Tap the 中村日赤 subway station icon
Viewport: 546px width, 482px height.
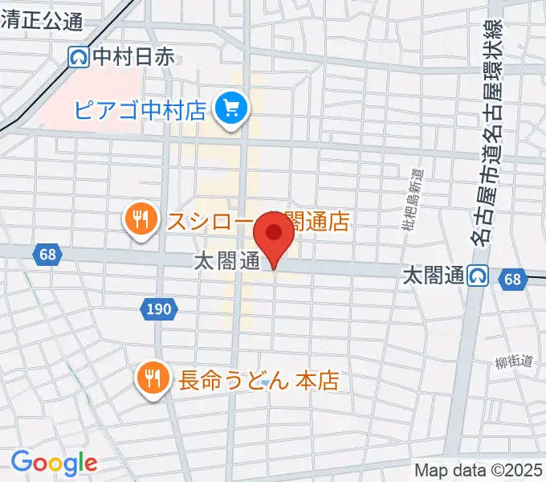click(79, 56)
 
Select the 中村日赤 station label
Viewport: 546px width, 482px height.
click(133, 56)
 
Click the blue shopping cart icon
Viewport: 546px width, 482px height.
click(232, 108)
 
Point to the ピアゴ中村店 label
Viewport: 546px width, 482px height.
click(141, 109)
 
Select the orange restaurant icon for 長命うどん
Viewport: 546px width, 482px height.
click(152, 378)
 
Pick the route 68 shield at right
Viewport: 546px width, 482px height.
click(512, 279)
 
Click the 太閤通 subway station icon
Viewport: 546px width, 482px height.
click(479, 276)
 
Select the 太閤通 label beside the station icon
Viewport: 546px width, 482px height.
click(433, 276)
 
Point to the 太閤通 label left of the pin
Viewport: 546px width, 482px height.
click(226, 262)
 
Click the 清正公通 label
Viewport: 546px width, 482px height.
click(42, 22)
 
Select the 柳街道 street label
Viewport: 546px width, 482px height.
click(514, 362)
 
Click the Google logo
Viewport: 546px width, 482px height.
click(54, 462)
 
